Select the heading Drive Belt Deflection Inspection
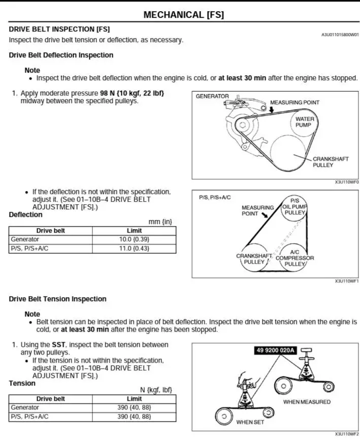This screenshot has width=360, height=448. coord(61,55)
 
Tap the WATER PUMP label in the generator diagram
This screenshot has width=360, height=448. coord(304,122)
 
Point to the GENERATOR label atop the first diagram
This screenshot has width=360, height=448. coord(212,96)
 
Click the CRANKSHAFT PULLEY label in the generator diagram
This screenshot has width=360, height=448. coord(331,162)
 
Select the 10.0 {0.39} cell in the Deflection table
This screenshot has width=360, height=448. coord(134,239)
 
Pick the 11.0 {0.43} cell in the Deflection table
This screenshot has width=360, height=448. coord(134,248)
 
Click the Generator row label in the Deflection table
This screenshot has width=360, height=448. coord(25,239)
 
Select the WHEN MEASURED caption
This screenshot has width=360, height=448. coord(307,402)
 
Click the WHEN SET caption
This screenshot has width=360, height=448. coord(250,422)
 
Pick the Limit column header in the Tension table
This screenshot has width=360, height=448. coord(134,399)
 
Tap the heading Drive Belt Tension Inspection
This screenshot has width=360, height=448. coord(58,299)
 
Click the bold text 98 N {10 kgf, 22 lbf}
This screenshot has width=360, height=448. coord(132,93)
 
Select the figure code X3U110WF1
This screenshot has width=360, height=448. coord(347,281)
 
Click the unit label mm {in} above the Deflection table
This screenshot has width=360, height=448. coord(160,222)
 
